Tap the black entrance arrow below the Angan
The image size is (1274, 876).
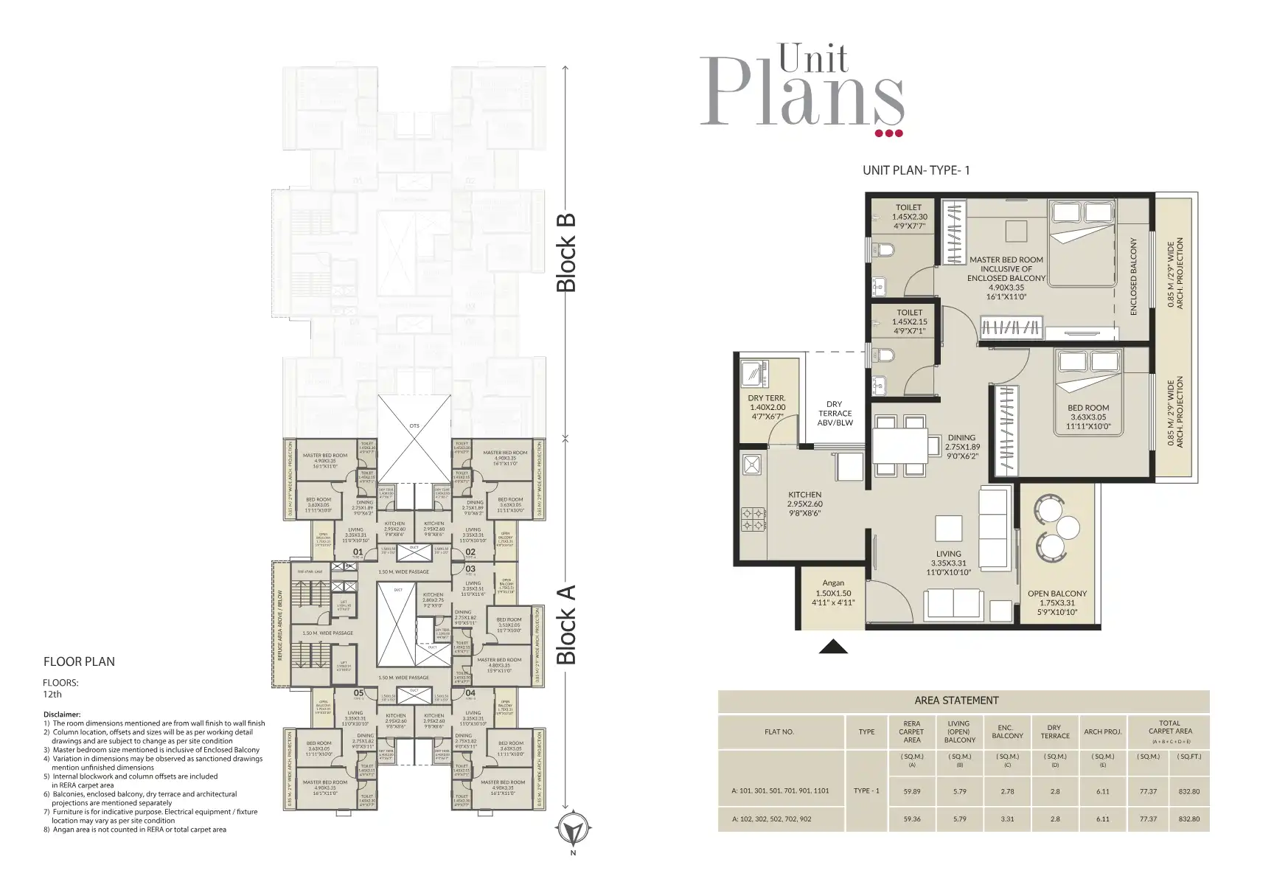click(x=833, y=647)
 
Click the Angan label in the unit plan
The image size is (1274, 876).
click(x=833, y=583)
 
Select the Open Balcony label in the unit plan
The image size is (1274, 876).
click(x=1057, y=594)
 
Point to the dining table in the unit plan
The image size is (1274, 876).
click(x=900, y=445)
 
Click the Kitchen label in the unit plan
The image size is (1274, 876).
click(x=804, y=495)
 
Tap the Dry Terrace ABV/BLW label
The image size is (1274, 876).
click(x=835, y=413)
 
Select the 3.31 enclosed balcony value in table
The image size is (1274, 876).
click(x=1007, y=818)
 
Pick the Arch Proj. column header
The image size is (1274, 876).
click(x=1102, y=731)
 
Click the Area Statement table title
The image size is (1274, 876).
click(x=956, y=701)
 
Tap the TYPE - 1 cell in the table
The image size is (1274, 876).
click(x=866, y=790)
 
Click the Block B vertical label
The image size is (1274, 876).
click(x=565, y=253)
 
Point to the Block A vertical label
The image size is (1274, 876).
click(x=565, y=625)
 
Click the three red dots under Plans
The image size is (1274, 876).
click(x=888, y=133)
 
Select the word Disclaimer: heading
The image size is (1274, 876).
click(x=61, y=714)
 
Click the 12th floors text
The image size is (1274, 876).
click(x=52, y=694)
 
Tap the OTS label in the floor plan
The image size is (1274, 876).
click(x=414, y=425)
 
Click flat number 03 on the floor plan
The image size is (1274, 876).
click(x=470, y=569)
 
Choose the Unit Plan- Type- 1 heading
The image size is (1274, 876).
click(x=916, y=170)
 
